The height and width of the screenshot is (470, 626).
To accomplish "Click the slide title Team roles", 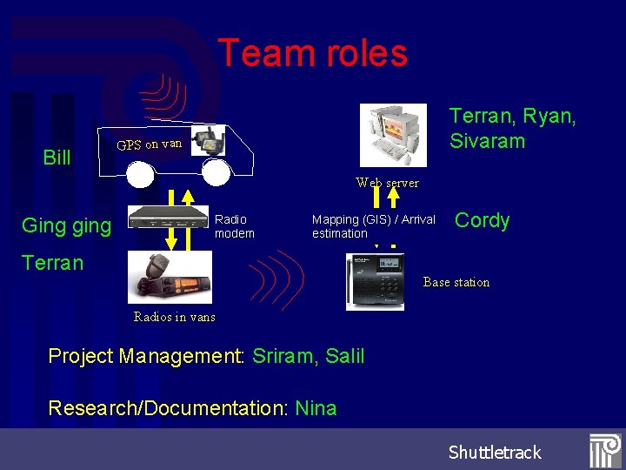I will (312, 53).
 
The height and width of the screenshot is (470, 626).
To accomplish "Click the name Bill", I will (57, 158).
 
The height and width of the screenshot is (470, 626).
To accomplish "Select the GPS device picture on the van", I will (209, 139).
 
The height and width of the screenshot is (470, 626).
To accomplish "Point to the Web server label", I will (387, 183).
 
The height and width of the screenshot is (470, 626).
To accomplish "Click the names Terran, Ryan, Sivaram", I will (512, 128).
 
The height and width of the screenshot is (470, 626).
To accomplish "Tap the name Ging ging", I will (66, 226).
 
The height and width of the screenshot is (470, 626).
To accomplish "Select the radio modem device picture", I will (169, 218).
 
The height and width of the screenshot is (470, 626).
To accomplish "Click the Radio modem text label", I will (234, 226).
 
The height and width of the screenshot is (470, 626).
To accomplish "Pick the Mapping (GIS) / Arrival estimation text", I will (373, 226).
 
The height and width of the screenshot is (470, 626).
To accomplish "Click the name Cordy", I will (482, 220).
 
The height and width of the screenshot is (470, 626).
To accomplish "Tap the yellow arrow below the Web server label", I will (393, 199).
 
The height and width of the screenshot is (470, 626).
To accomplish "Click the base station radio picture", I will (375, 281).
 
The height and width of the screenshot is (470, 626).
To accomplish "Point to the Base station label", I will (456, 282).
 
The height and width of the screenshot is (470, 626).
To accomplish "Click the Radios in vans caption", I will (174, 317).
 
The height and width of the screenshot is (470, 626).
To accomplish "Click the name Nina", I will (316, 408).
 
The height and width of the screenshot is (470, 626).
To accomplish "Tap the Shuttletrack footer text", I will (495, 452).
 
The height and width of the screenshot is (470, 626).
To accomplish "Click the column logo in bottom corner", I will (604, 451).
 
